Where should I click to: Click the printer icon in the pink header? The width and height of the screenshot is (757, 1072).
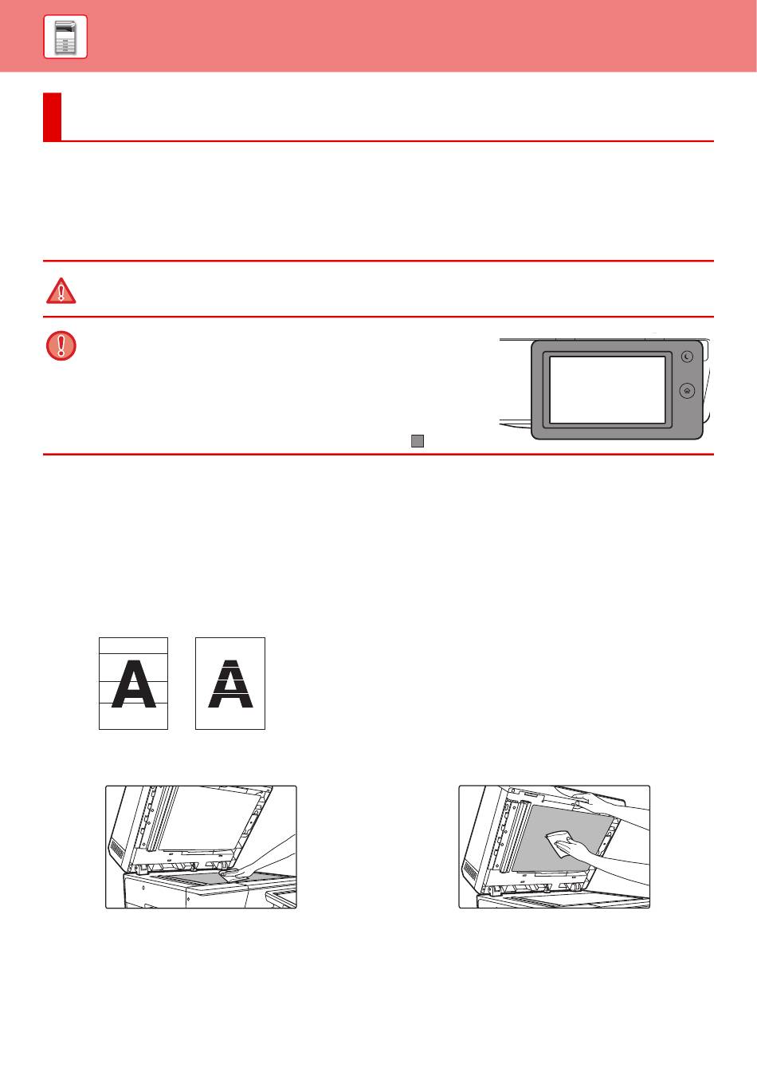[x=65, y=37]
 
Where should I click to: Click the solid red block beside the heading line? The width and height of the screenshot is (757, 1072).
[x=52, y=116]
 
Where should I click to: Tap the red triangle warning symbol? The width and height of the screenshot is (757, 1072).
[x=61, y=290]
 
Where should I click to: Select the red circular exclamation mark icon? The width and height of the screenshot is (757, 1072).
[x=61, y=345]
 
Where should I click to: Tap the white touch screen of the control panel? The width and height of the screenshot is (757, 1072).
[x=607, y=390]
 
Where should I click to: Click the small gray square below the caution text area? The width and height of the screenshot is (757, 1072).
[x=418, y=441]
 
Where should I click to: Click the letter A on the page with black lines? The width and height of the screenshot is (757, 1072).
[x=133, y=684]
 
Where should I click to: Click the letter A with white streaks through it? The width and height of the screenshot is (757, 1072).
[x=230, y=684]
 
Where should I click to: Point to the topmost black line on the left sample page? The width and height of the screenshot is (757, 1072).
[x=133, y=653]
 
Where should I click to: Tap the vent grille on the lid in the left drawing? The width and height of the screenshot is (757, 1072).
[x=116, y=850]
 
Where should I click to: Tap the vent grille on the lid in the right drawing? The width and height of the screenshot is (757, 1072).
[x=470, y=870]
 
